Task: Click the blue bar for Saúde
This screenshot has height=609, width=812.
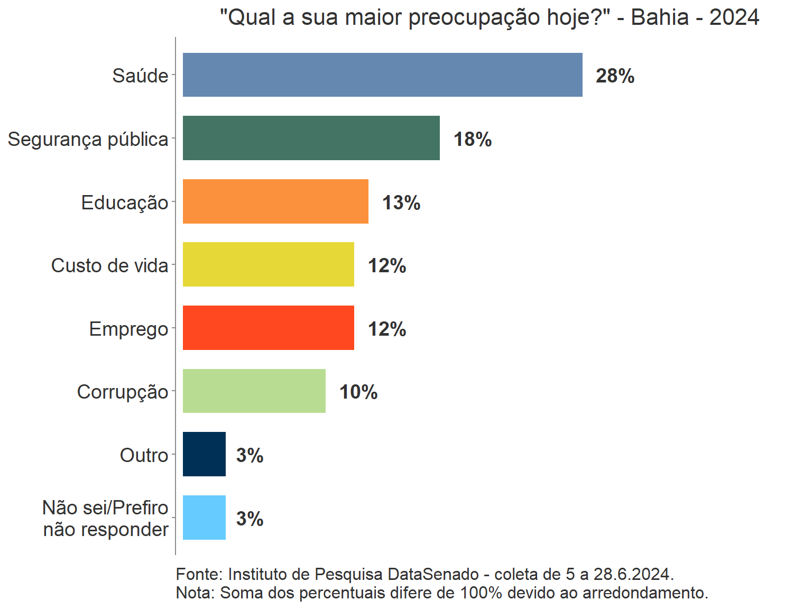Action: (382, 75)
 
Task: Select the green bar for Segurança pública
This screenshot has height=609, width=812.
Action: (311, 138)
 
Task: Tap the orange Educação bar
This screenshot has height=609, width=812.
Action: (275, 201)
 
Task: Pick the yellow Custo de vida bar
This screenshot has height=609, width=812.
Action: (268, 264)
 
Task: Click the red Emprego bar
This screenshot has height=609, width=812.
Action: (268, 328)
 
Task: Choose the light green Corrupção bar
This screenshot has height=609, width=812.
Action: (254, 391)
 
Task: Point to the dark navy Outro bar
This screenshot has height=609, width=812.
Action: (204, 454)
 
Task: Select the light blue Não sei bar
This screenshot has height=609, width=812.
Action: (204, 518)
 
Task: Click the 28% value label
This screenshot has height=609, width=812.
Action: (615, 76)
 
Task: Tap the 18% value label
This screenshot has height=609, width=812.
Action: (473, 140)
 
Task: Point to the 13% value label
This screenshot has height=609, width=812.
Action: (401, 203)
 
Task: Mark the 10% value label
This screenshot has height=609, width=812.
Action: (358, 392)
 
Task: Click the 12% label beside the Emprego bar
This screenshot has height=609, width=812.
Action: (387, 329)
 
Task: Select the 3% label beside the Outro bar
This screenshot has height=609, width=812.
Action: (250, 456)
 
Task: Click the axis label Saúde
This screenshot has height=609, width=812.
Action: (140, 76)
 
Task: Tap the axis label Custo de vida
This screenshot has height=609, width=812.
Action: (109, 265)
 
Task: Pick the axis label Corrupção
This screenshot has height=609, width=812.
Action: (123, 392)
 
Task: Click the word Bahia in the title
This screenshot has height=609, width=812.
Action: (660, 17)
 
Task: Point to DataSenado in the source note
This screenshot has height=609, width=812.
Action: (433, 574)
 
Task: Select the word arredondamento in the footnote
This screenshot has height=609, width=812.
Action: (644, 593)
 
